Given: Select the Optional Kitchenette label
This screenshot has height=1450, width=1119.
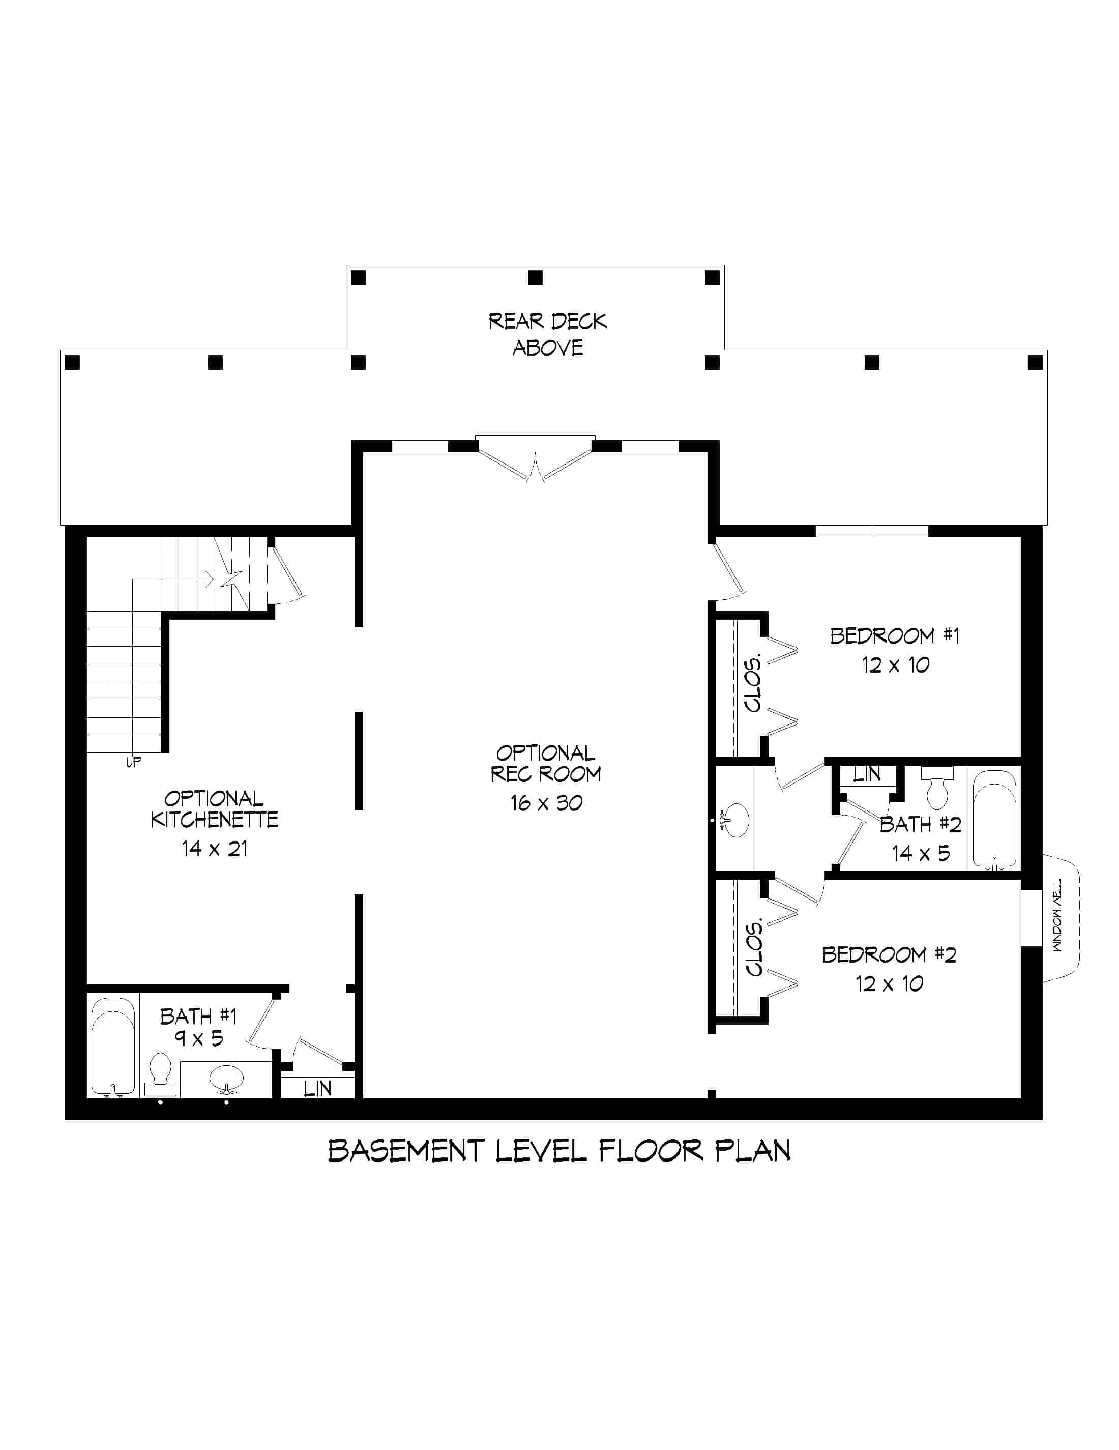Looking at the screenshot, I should (x=214, y=809).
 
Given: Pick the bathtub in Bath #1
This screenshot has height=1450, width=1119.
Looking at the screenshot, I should (x=113, y=1047).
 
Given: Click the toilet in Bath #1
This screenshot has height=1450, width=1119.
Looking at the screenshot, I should (x=160, y=1073).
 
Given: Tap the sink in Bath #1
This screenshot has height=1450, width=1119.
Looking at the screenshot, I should (x=226, y=1078).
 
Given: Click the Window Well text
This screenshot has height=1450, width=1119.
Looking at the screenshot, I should (x=1057, y=916).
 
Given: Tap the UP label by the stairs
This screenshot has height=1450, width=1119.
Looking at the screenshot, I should (x=133, y=762).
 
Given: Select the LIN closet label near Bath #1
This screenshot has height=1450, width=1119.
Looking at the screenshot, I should (x=317, y=1088).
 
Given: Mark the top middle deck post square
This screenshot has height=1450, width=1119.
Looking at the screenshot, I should (x=535, y=277).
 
